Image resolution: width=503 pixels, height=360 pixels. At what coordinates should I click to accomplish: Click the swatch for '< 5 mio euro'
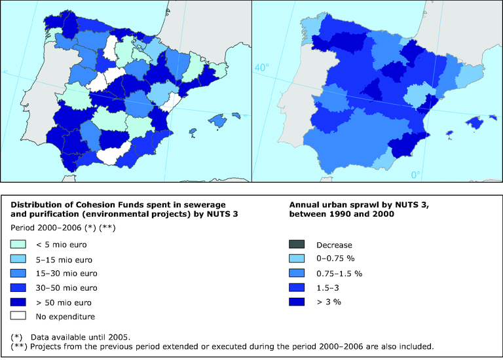(19, 245)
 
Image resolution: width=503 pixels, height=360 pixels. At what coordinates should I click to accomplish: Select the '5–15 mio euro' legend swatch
(19, 259)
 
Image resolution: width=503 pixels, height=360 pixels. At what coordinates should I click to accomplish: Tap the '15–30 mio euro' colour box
(19, 274)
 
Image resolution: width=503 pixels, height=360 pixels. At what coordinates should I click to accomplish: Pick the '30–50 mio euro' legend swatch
(19, 288)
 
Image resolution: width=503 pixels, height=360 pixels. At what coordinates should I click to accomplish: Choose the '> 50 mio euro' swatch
(19, 302)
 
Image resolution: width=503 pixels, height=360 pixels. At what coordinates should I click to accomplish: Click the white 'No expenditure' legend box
(19, 317)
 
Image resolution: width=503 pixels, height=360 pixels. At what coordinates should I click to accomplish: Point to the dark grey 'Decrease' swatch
(297, 245)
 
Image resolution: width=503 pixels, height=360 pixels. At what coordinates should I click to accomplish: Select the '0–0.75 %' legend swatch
(297, 259)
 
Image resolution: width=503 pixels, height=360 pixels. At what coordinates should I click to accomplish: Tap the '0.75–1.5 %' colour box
(297, 273)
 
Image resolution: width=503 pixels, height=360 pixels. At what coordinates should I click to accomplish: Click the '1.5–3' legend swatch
(297, 287)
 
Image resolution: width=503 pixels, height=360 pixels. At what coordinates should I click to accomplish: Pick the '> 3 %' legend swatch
(297, 302)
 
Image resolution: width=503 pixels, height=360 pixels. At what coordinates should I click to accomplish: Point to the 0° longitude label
(416, 175)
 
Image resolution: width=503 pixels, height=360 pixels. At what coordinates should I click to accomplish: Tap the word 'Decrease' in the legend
(334, 245)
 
